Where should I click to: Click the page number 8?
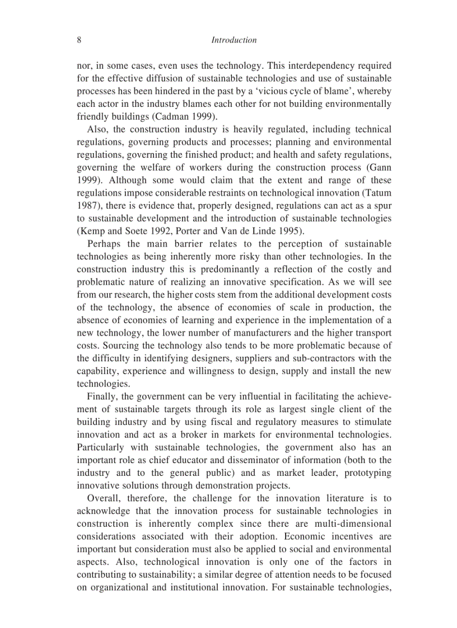79,40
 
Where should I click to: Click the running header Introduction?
234,40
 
